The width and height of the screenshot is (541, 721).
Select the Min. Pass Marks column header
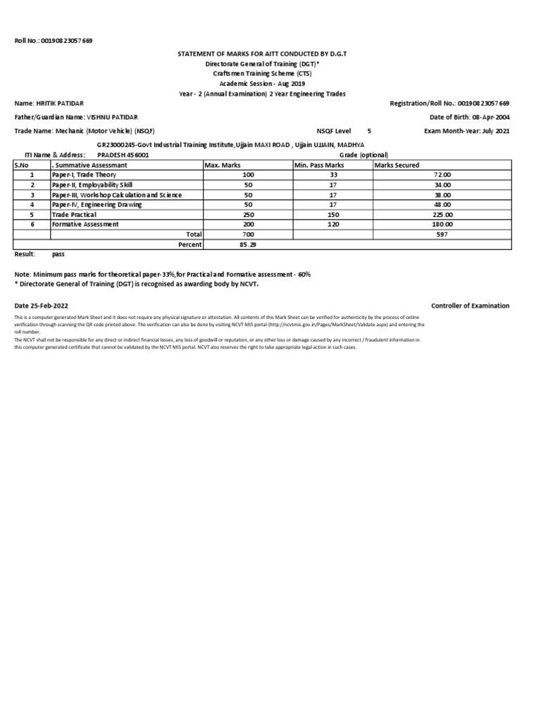[318, 165]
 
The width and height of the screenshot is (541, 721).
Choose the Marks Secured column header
[397, 165]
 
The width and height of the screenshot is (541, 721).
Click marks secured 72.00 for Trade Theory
[442, 175]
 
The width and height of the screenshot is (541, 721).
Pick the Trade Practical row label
[74, 214]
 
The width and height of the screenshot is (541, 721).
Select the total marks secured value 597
[442, 234]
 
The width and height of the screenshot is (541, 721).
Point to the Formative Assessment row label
[85, 224]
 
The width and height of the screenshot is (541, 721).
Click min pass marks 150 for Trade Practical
[333, 214]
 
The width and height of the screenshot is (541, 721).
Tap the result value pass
[58, 253]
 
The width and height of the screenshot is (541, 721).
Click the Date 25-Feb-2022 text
[42, 306]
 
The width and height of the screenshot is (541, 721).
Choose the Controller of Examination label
[470, 306]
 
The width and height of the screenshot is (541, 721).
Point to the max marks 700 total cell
[248, 234]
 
